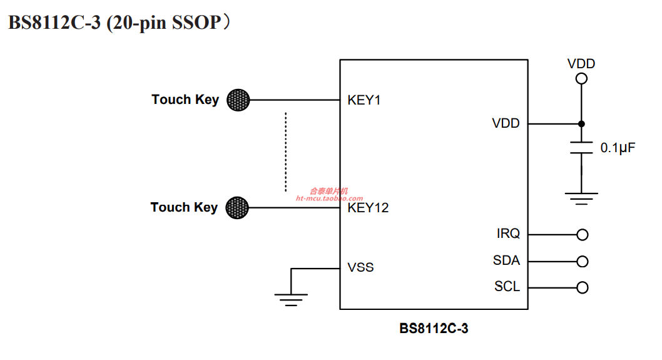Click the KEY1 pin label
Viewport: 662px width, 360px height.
364,100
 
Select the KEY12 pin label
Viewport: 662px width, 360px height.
368,208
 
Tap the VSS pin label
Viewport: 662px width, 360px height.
360,267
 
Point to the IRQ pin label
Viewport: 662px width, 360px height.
508,234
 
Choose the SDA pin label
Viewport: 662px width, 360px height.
506,260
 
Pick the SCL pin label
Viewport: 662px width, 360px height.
507,287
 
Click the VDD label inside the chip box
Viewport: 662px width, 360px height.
506,123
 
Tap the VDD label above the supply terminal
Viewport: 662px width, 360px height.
581,64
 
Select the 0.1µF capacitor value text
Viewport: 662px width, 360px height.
618,148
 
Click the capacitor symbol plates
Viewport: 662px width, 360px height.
581,148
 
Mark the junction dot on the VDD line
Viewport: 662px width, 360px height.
581,124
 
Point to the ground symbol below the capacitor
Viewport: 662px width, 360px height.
581,198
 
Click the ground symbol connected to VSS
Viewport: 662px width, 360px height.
291,299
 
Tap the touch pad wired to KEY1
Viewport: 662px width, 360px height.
238,100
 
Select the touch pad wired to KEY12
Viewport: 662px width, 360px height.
237,208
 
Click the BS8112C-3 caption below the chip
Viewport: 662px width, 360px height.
434,329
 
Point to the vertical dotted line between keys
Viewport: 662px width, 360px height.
286,152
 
